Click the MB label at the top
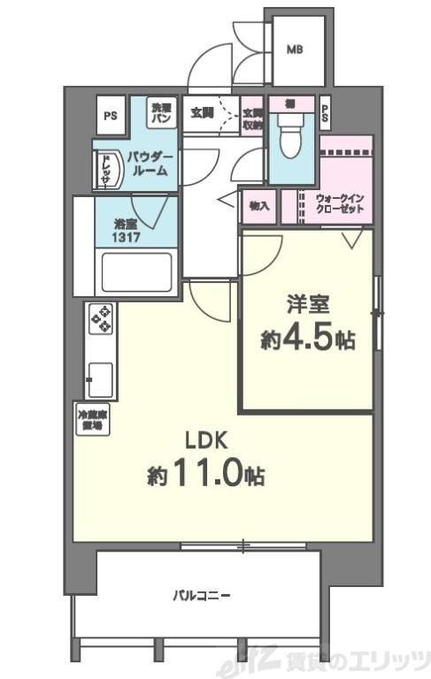click(x=294, y=50)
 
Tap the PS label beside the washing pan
click(x=111, y=115)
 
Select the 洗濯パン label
click(x=160, y=111)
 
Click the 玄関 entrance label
click(x=202, y=112)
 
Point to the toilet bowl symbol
click(x=289, y=136)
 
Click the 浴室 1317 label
click(x=125, y=232)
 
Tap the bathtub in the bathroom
click(x=137, y=272)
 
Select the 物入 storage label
click(x=259, y=206)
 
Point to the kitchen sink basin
click(x=99, y=381)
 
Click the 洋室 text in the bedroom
click(x=307, y=306)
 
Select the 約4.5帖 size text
click(x=307, y=339)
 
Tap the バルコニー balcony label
click(x=202, y=596)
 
